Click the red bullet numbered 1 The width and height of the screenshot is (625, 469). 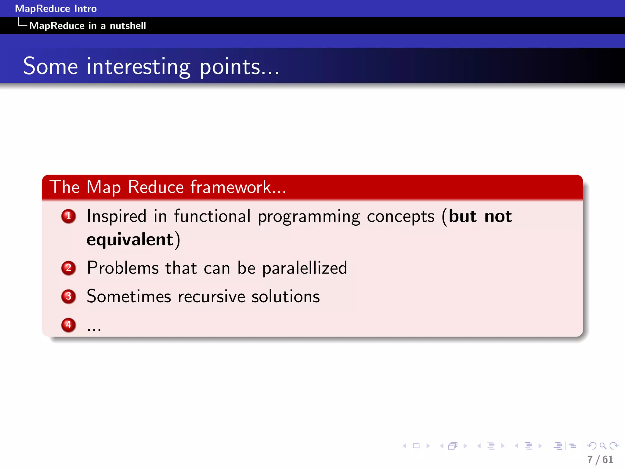point(68,216)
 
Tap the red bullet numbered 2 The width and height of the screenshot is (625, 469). point(68,268)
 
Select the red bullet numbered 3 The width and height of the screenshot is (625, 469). point(68,296)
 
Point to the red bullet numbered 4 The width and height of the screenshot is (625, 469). point(68,325)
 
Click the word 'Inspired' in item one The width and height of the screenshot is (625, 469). point(117,216)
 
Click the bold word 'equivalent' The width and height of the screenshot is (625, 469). point(130,239)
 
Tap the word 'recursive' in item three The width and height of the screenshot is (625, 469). point(211,297)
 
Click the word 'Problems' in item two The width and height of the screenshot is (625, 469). point(123,268)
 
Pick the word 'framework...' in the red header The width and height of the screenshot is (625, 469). point(238,187)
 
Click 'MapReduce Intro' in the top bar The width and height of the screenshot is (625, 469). point(56,9)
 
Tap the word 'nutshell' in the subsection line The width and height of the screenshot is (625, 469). point(128,26)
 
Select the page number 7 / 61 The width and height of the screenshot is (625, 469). point(600,460)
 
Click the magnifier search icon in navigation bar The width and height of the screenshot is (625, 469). point(603,446)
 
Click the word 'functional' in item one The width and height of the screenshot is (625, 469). point(212,216)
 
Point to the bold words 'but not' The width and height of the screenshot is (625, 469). point(480,216)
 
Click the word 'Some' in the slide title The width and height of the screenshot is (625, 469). point(51,67)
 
